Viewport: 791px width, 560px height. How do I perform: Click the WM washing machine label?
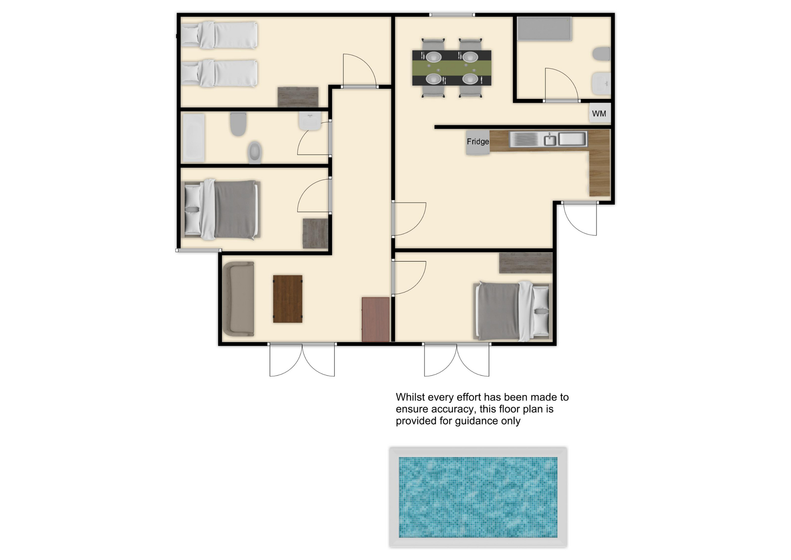599,113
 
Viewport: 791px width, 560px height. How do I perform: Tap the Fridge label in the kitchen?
478,141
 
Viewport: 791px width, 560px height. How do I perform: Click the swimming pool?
478,497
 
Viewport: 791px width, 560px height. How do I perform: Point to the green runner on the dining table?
452,68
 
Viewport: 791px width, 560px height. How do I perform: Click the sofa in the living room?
239,299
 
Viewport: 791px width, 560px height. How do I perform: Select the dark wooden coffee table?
288,299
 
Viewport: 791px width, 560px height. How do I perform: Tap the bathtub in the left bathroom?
193,138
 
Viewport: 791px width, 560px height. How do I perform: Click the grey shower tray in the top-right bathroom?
544,29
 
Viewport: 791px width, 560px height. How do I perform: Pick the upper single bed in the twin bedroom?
220,35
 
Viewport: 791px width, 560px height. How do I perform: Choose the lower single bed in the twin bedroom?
220,73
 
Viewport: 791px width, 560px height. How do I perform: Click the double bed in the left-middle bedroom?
221,209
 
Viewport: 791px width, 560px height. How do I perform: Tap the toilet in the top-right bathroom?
601,54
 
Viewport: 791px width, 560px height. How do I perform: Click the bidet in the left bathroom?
255,153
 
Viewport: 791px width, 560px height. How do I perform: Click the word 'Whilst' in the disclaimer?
410,397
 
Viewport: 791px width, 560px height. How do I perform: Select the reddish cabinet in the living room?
376,319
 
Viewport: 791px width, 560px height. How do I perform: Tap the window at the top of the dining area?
452,15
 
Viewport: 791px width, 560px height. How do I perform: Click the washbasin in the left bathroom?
310,121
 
